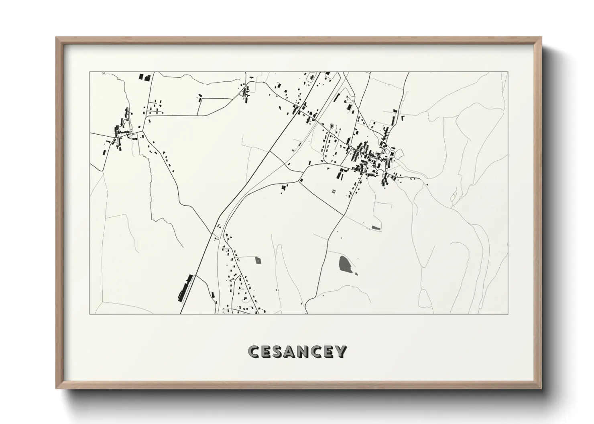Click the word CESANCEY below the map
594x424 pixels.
[297, 351]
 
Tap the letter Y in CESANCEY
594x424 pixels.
[341, 351]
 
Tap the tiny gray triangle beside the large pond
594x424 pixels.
[356, 274]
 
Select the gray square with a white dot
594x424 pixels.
[258, 260]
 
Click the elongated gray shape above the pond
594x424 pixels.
[376, 228]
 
